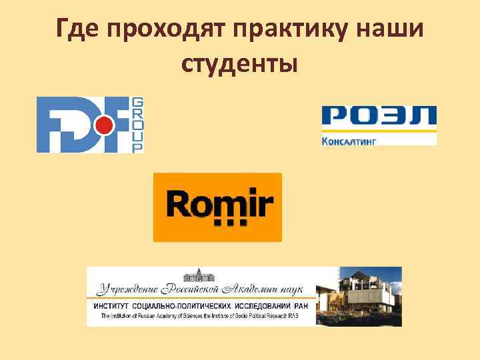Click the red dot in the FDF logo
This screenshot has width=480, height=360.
coord(101,125)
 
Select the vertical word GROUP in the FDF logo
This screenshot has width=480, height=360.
coord(138,125)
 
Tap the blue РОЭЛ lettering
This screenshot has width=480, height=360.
coord(379,118)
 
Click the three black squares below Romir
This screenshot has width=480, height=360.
coord(230,223)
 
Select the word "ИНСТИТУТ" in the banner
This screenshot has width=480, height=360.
coord(114,306)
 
